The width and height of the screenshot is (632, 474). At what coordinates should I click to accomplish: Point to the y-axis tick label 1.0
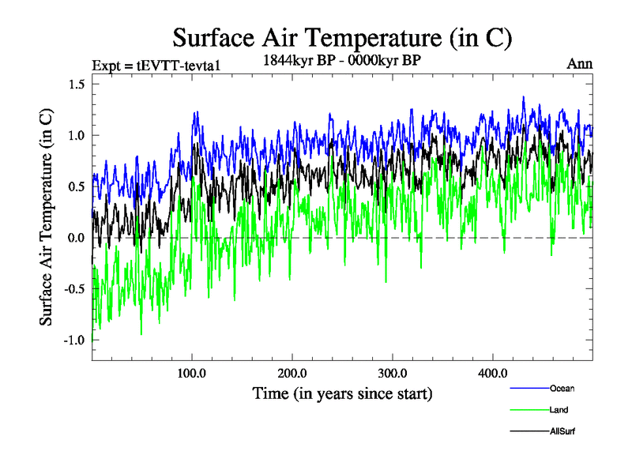76,135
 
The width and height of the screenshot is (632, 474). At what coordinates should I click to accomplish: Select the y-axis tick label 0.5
76,186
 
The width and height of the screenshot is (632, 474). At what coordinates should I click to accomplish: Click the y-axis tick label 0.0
76,238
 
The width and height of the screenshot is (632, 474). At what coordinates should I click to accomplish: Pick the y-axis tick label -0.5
73,288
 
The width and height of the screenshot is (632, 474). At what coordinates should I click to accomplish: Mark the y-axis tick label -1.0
73,340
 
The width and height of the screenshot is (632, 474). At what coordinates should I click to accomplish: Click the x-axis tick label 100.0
192,372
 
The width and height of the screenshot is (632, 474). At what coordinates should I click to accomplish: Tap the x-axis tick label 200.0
292,372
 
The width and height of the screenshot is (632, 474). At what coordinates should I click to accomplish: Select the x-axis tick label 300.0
393,372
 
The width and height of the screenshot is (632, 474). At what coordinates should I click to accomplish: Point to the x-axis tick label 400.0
493,372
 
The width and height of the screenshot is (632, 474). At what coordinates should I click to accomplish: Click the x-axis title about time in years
342,393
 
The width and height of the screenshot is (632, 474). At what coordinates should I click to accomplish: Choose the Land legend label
559,410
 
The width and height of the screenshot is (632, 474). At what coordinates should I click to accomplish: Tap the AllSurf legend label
562,432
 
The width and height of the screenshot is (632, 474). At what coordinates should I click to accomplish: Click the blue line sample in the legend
527,388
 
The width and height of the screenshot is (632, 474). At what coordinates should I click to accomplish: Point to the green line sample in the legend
527,410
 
